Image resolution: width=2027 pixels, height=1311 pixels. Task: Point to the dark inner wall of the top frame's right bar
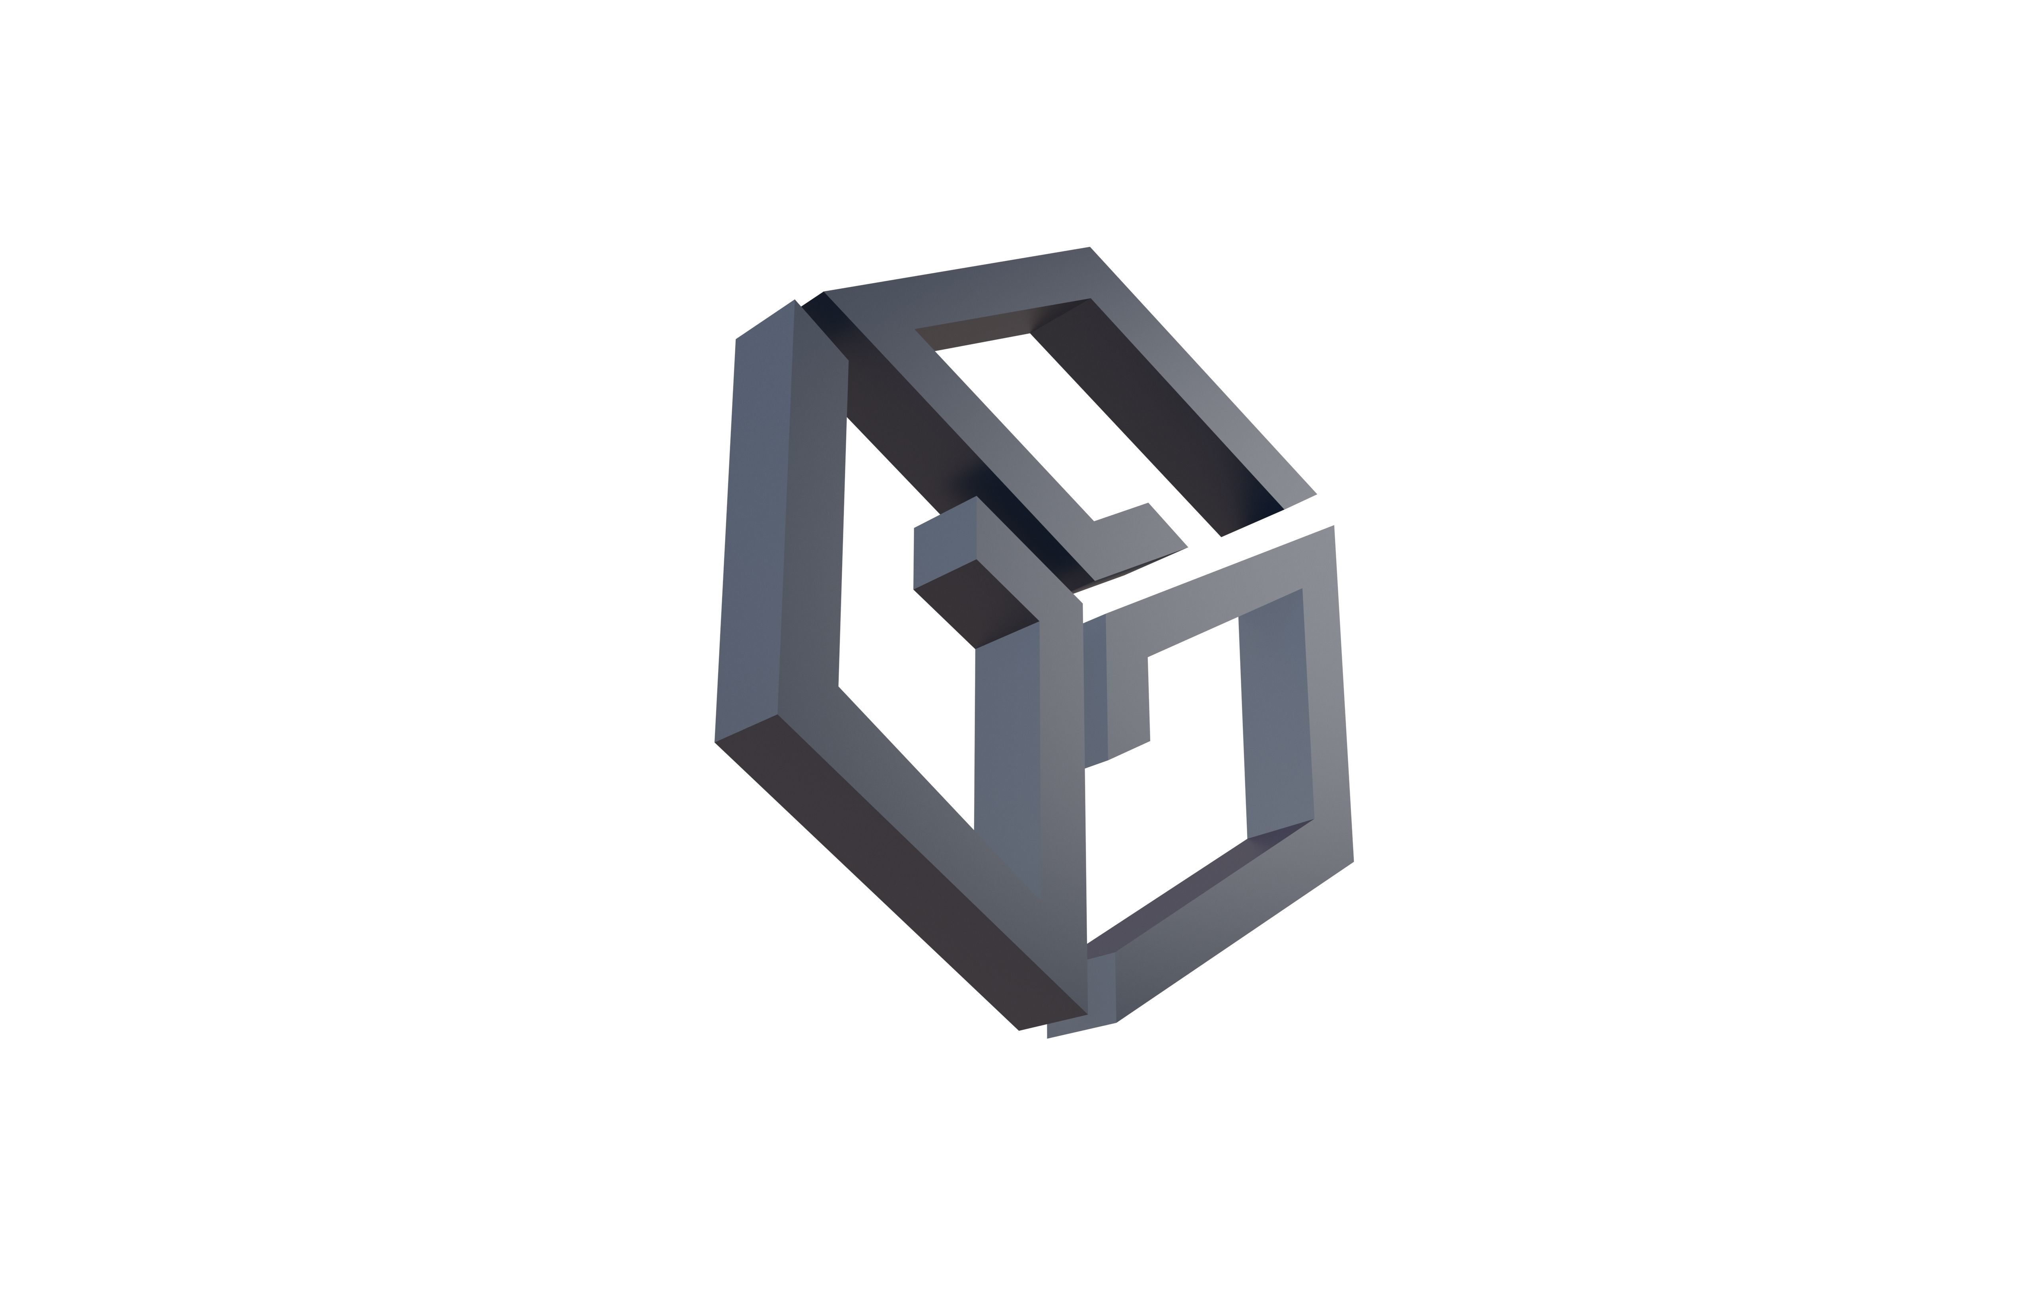coord(1158,417)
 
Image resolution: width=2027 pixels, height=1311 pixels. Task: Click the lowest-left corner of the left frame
coord(715,741)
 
